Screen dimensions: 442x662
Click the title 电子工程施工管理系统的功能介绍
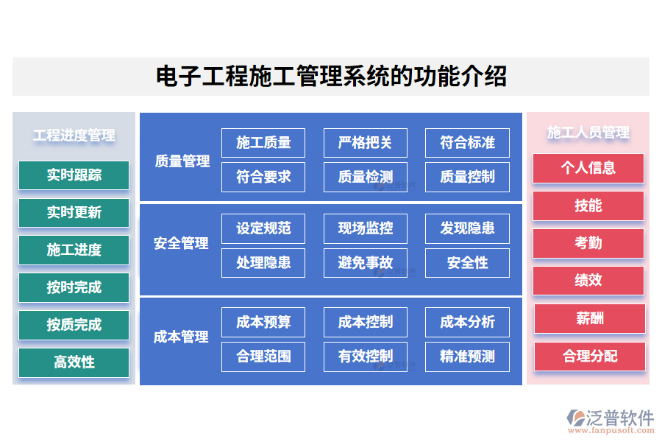point(331,77)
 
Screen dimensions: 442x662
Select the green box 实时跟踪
point(74,175)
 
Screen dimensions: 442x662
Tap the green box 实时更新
point(74,213)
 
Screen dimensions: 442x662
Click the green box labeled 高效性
point(74,362)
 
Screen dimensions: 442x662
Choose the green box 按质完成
point(74,325)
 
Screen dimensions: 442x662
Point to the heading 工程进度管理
point(74,136)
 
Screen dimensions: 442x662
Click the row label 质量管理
point(182,161)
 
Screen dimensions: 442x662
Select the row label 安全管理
point(182,243)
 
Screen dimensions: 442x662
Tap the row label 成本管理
point(182,337)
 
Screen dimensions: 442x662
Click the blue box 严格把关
point(365,143)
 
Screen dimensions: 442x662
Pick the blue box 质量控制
point(467,177)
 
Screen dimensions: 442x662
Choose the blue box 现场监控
point(365,228)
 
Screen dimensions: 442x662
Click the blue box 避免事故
point(365,263)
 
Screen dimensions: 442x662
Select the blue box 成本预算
point(263,322)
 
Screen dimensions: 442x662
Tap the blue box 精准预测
point(467,357)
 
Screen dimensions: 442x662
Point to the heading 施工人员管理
point(588,133)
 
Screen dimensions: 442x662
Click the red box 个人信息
point(588,168)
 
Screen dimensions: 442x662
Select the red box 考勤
point(588,243)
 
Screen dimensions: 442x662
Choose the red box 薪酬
point(589,318)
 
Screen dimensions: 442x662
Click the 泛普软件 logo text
point(619,418)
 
